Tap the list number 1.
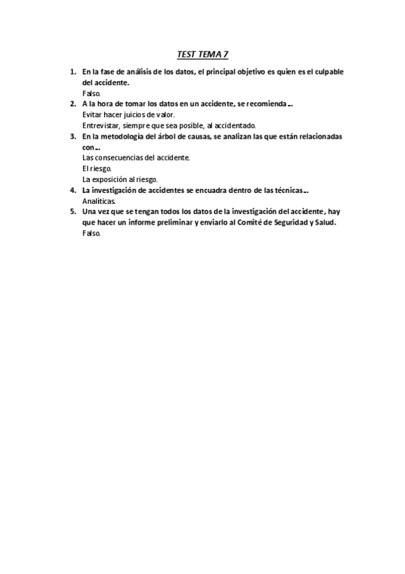pyautogui.click(x=72, y=72)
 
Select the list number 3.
pyautogui.click(x=72, y=136)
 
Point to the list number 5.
pyautogui.click(x=72, y=211)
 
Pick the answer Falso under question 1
pyautogui.click(x=91, y=93)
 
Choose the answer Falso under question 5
pyautogui.click(x=91, y=233)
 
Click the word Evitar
pyautogui.click(x=92, y=115)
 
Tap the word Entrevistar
pyautogui.click(x=101, y=125)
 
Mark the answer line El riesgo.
pyautogui.click(x=97, y=169)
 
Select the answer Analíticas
pyautogui.click(x=99, y=201)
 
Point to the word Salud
pyautogui.click(x=323, y=222)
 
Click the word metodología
pyautogui.click(x=116, y=136)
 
